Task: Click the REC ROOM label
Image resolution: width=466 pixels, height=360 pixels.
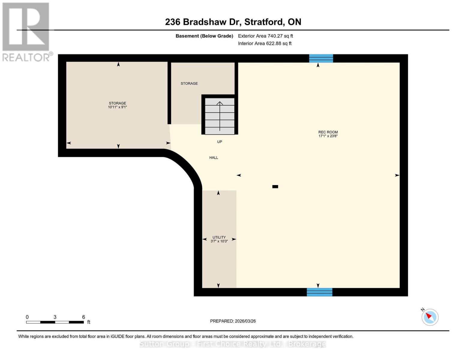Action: click(x=328, y=132)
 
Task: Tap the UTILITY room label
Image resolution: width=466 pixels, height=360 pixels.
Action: click(x=219, y=237)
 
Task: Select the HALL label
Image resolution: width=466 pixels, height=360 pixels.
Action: click(x=214, y=157)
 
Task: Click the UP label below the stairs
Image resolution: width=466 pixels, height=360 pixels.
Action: click(x=220, y=142)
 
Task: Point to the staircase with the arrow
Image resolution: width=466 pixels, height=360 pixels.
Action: click(x=220, y=116)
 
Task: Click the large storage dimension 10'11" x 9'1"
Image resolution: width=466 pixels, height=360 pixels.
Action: click(x=117, y=107)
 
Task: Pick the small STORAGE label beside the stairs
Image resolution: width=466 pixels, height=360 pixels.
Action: click(x=189, y=83)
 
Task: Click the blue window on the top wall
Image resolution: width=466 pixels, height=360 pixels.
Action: click(x=321, y=58)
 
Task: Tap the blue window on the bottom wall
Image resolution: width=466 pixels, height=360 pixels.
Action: click(x=319, y=292)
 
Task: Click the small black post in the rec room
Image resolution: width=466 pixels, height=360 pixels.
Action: click(x=275, y=187)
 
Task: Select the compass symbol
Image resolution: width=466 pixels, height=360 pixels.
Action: click(x=430, y=317)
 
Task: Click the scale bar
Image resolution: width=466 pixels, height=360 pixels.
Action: click(x=55, y=322)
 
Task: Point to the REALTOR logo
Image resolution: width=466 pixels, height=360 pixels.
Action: click(x=26, y=31)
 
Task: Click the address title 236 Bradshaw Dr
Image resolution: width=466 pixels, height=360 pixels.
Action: click(x=233, y=22)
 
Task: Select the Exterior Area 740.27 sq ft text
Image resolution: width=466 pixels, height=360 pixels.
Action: click(x=265, y=36)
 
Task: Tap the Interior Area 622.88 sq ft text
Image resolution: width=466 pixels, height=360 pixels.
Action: click(x=265, y=43)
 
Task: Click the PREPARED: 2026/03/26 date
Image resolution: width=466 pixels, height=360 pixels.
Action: click(x=233, y=321)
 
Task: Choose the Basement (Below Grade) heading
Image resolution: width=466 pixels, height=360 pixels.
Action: click(x=204, y=36)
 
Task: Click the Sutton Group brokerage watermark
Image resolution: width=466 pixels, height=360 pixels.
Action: click(x=233, y=344)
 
